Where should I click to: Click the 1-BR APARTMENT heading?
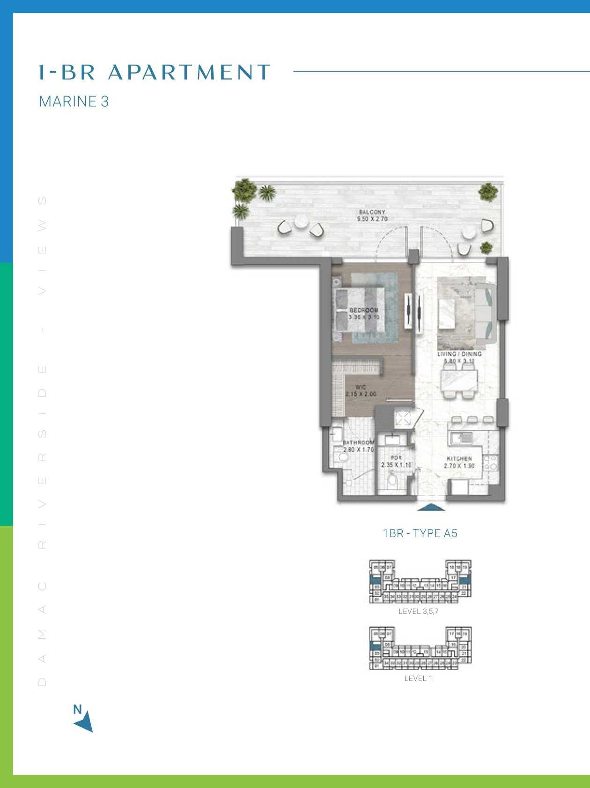(155, 72)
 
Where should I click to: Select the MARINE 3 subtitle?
(74, 102)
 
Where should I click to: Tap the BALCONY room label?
(372, 212)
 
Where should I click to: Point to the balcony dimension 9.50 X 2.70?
(372, 219)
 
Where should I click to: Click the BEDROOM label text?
(364, 310)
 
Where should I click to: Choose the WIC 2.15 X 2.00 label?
(361, 390)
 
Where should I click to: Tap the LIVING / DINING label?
(459, 354)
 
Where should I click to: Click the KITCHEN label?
(459, 459)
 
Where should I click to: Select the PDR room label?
(396, 458)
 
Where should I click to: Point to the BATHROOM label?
(359, 442)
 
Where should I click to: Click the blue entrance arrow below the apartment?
(431, 507)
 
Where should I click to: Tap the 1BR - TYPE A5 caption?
(420, 533)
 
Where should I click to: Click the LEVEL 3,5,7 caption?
(418, 611)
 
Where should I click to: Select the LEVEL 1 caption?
(418, 678)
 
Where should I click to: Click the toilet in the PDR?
(392, 480)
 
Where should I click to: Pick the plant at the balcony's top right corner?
(488, 191)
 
